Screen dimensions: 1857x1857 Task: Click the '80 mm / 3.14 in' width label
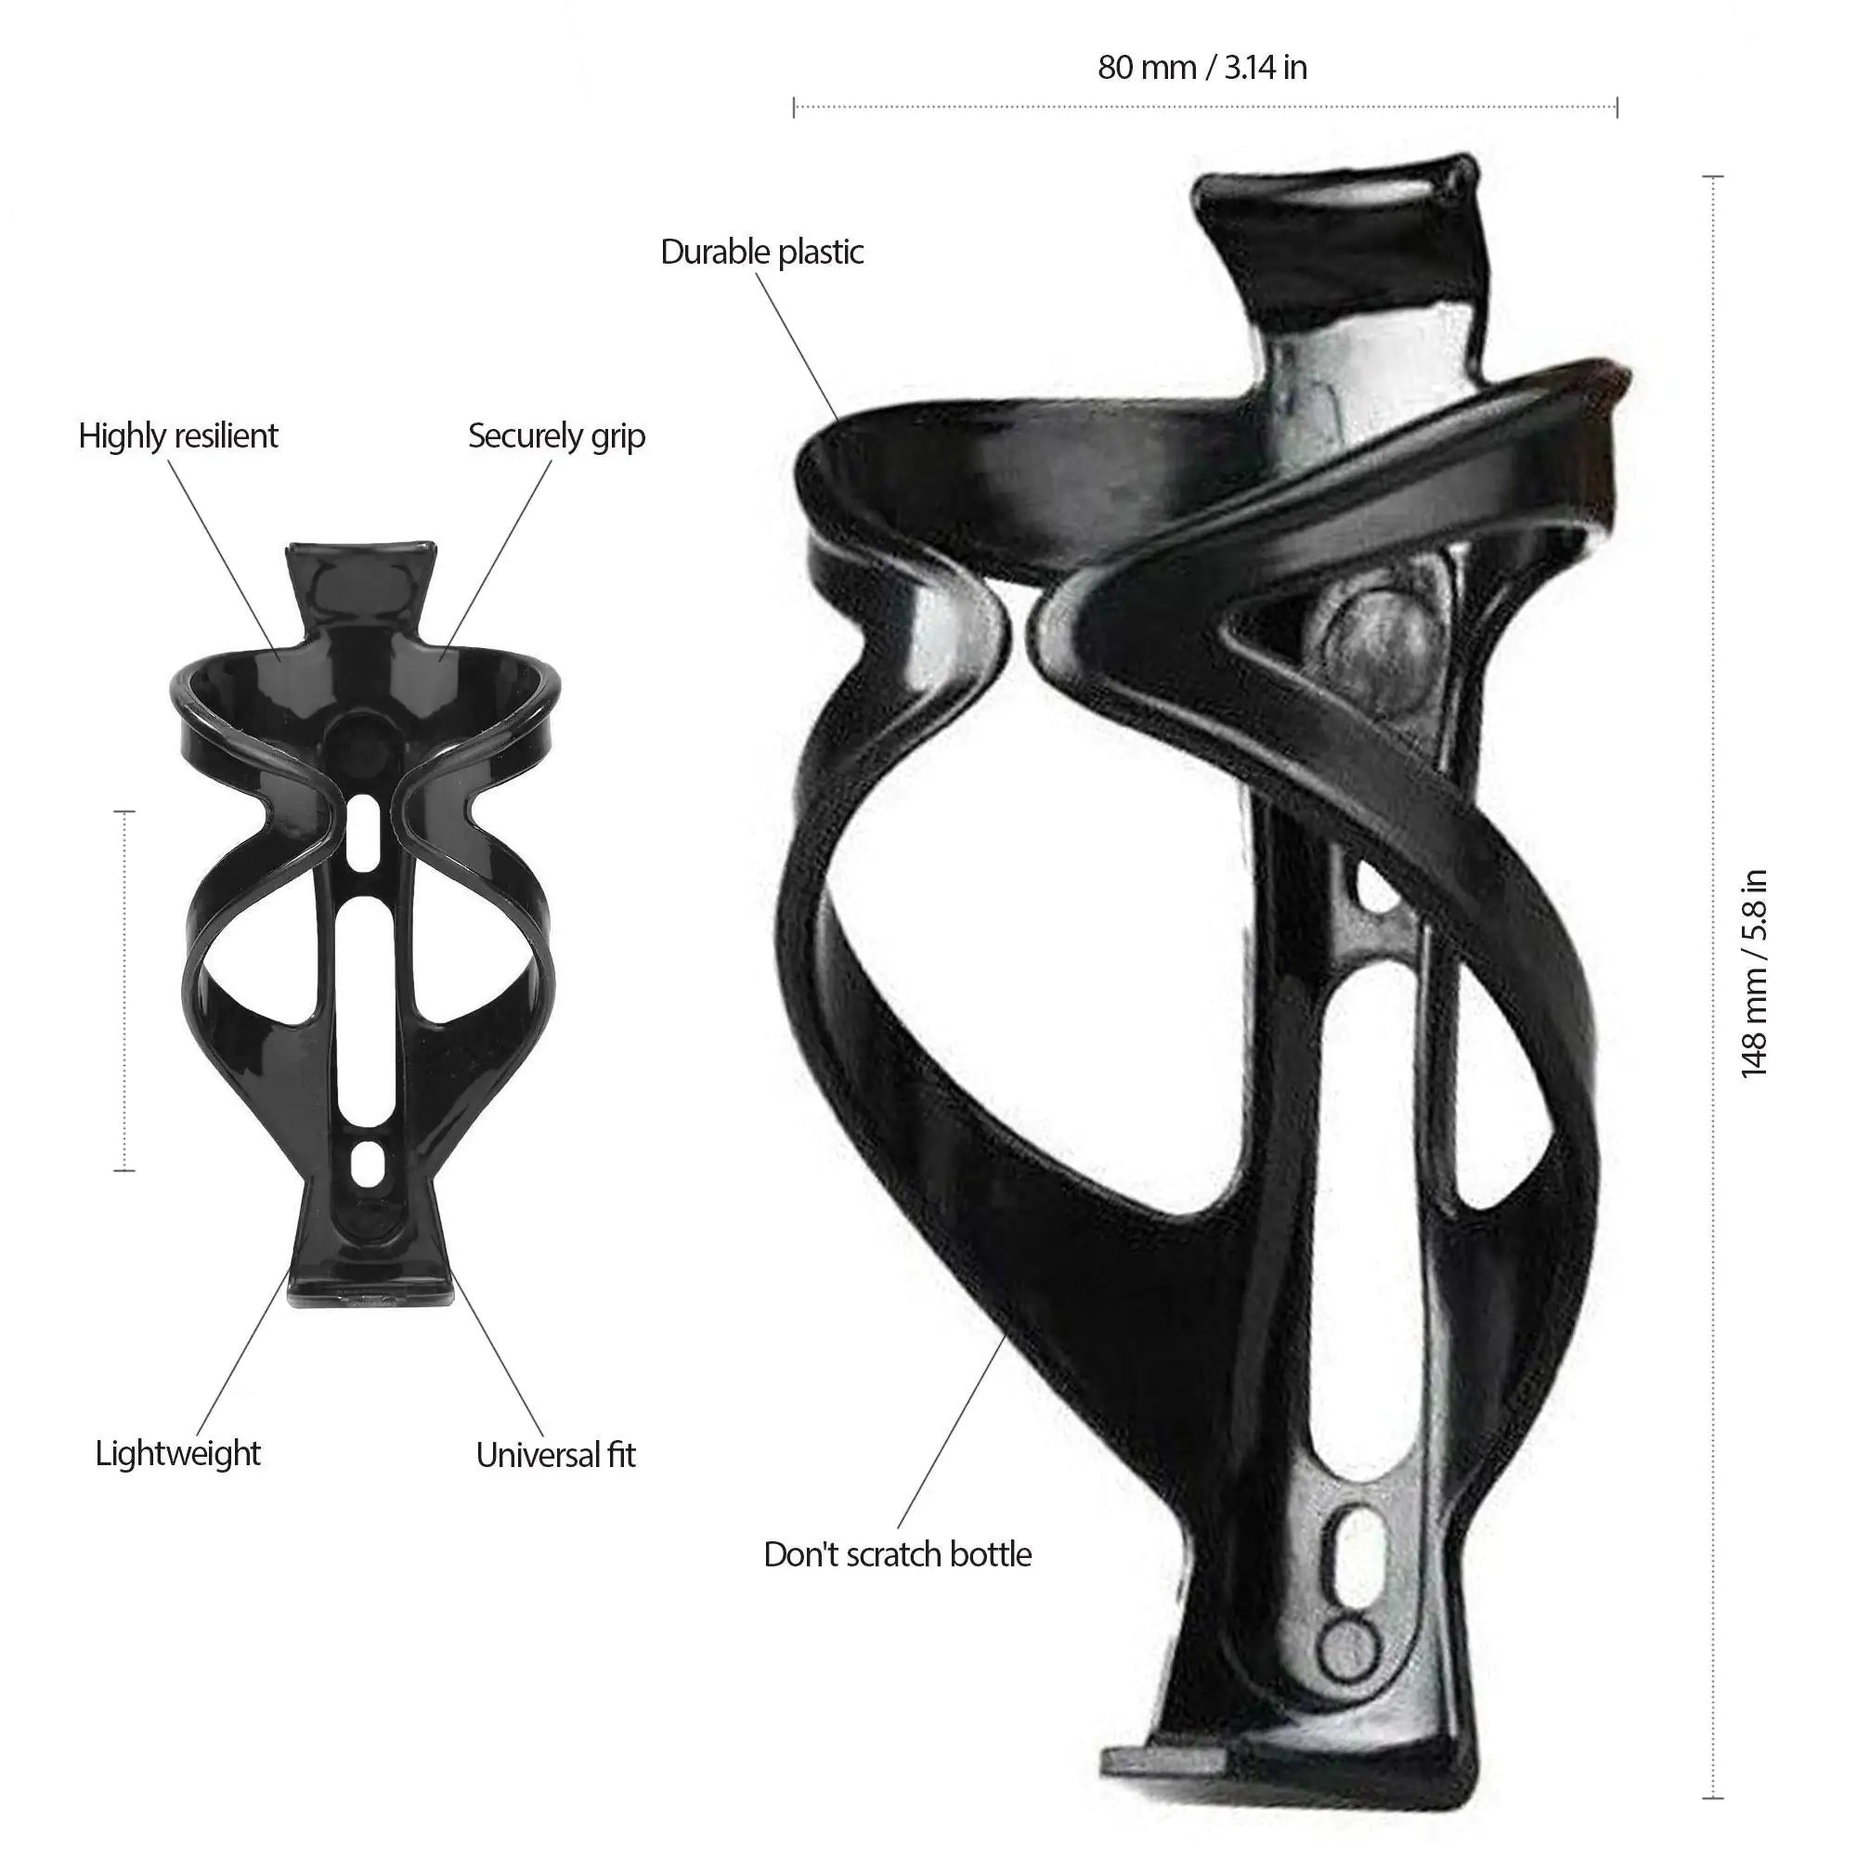click(1202, 67)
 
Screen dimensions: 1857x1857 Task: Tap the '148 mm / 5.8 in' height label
click(1754, 973)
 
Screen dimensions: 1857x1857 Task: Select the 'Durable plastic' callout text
click(762, 252)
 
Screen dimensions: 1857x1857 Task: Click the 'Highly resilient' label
click(178, 435)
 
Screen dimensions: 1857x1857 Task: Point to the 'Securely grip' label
click(556, 435)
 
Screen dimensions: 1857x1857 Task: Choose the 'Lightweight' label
click(178, 1452)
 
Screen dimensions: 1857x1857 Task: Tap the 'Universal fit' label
click(555, 1454)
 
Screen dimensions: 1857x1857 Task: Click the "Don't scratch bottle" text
click(898, 1554)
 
